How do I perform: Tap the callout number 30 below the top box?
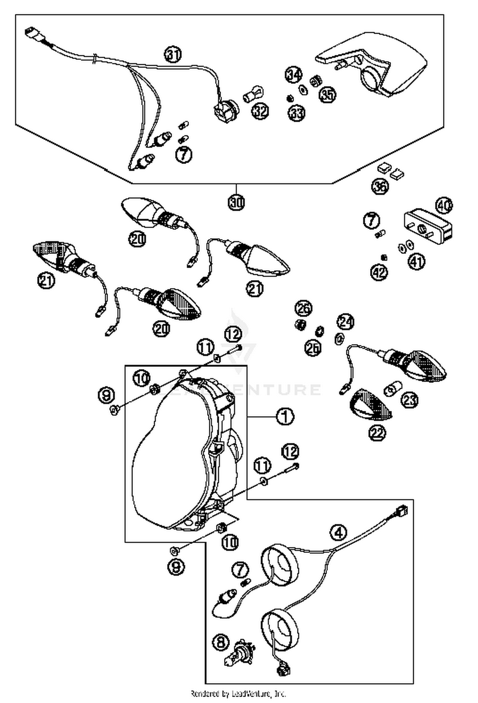[x=236, y=202]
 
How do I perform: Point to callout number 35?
[x=328, y=94]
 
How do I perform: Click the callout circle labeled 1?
[x=285, y=416]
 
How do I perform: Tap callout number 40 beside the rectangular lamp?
[x=444, y=206]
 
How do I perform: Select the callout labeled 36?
[x=380, y=186]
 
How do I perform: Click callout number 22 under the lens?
[x=377, y=432]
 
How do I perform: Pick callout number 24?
[x=346, y=322]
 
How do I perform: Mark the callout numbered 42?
[x=379, y=272]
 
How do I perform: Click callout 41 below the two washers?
[x=416, y=262]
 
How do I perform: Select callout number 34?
[x=293, y=75]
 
